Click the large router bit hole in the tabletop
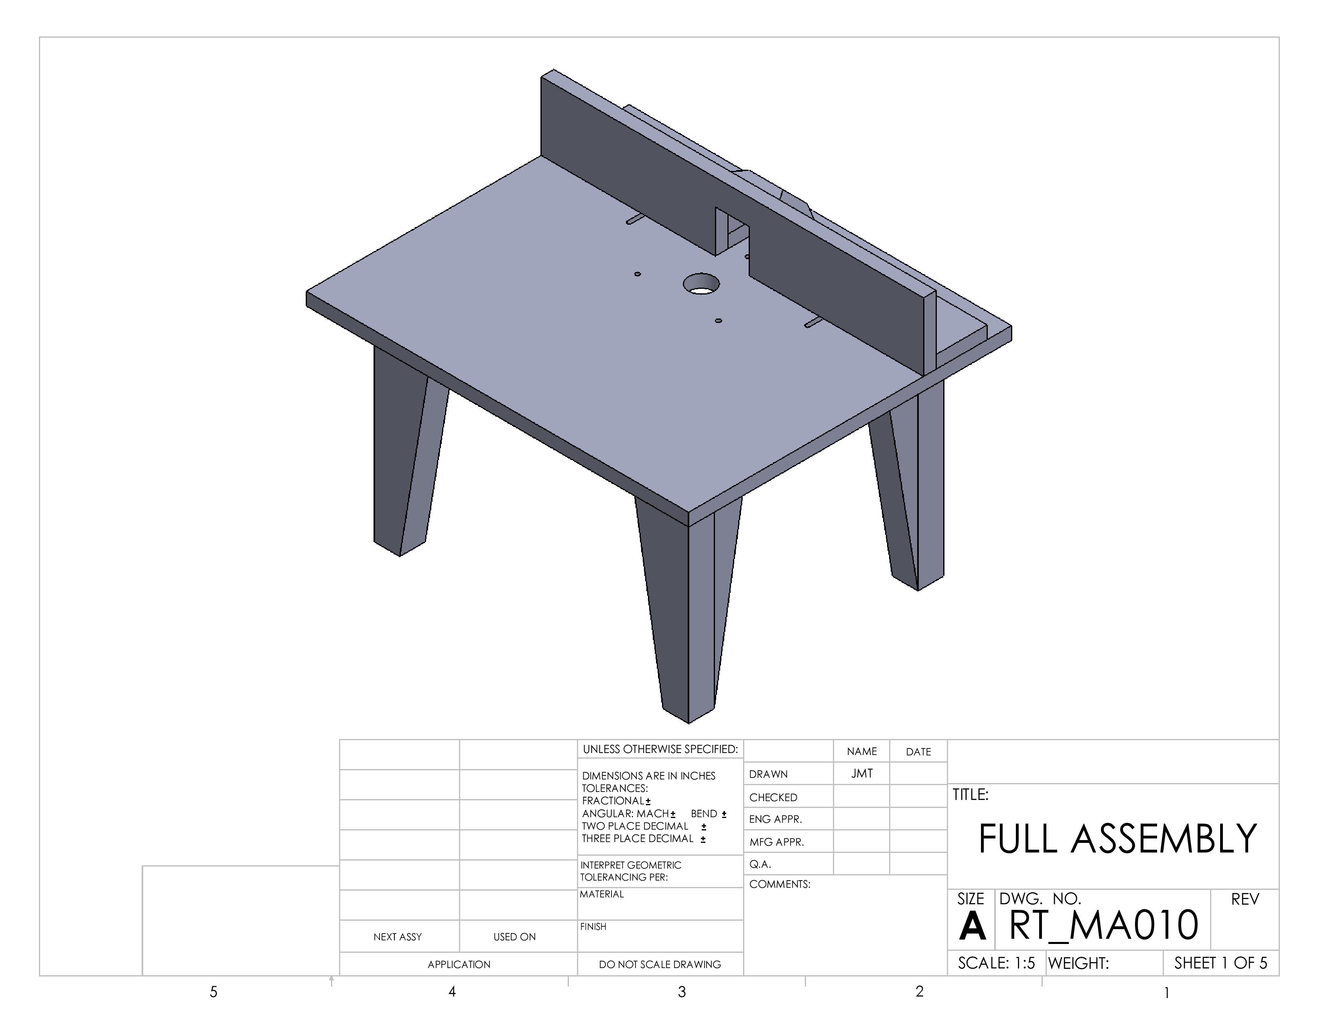point(701,284)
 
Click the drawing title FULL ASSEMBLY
point(1117,839)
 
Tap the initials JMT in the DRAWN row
point(861,773)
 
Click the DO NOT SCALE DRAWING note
point(660,964)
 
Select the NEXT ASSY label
point(397,937)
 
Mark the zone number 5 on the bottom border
point(213,992)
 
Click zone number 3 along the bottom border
point(682,992)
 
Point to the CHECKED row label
point(773,798)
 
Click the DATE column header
point(918,752)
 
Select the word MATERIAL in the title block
point(601,894)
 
